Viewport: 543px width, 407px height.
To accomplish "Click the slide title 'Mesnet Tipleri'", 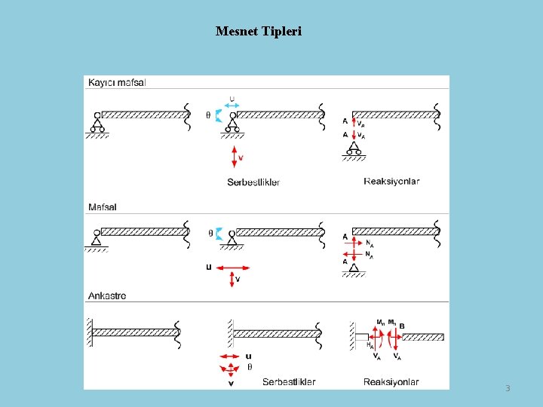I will point(258,32).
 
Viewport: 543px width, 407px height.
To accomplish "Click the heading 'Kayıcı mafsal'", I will point(117,82).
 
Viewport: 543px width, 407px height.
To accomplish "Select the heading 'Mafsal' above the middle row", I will point(103,207).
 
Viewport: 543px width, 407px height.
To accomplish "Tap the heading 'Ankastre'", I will point(107,295).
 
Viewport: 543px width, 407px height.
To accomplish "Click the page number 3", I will point(508,388).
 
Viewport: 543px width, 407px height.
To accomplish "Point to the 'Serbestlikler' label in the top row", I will point(253,182).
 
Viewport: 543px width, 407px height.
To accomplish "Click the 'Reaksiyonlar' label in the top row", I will point(391,181).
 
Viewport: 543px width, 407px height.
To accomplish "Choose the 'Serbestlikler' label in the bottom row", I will point(289,382).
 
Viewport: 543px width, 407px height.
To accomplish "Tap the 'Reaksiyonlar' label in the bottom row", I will point(391,382).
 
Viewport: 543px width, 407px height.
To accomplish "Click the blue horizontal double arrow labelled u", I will point(232,106).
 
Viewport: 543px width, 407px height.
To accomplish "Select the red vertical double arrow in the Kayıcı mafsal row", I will point(235,156).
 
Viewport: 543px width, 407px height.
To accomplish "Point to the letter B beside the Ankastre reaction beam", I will point(402,326).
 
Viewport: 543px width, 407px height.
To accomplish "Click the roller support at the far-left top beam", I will point(97,124).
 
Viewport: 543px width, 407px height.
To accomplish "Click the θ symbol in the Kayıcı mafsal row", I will point(208,115).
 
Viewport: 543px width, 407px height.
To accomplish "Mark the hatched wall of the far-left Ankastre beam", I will point(88,332).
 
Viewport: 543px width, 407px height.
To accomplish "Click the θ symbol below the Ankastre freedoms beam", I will point(250,368).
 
